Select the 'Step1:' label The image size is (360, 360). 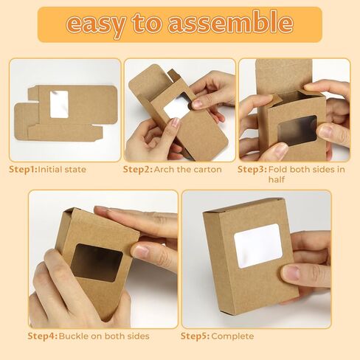click(22, 170)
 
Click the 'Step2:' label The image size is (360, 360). click(137, 170)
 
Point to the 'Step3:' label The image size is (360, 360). click(252, 170)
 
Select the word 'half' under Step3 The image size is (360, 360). click(277, 179)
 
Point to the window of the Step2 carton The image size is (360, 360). click(177, 108)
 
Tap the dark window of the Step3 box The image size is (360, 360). click(297, 130)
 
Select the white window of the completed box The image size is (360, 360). click(257, 246)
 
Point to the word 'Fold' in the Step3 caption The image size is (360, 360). click(280, 170)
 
